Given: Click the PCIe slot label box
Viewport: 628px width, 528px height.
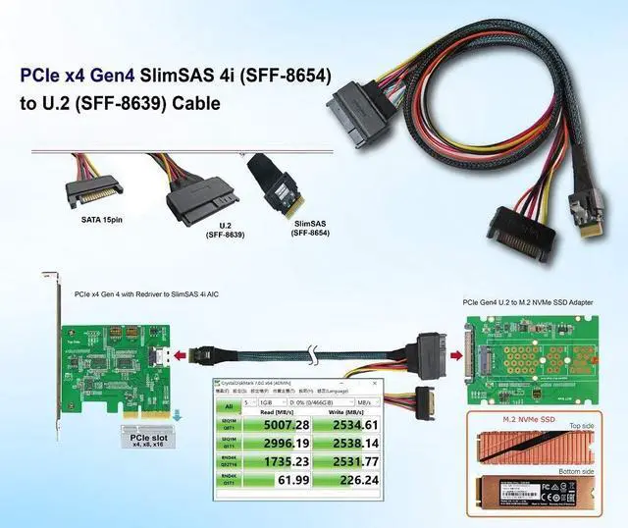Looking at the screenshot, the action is tap(142, 437).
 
